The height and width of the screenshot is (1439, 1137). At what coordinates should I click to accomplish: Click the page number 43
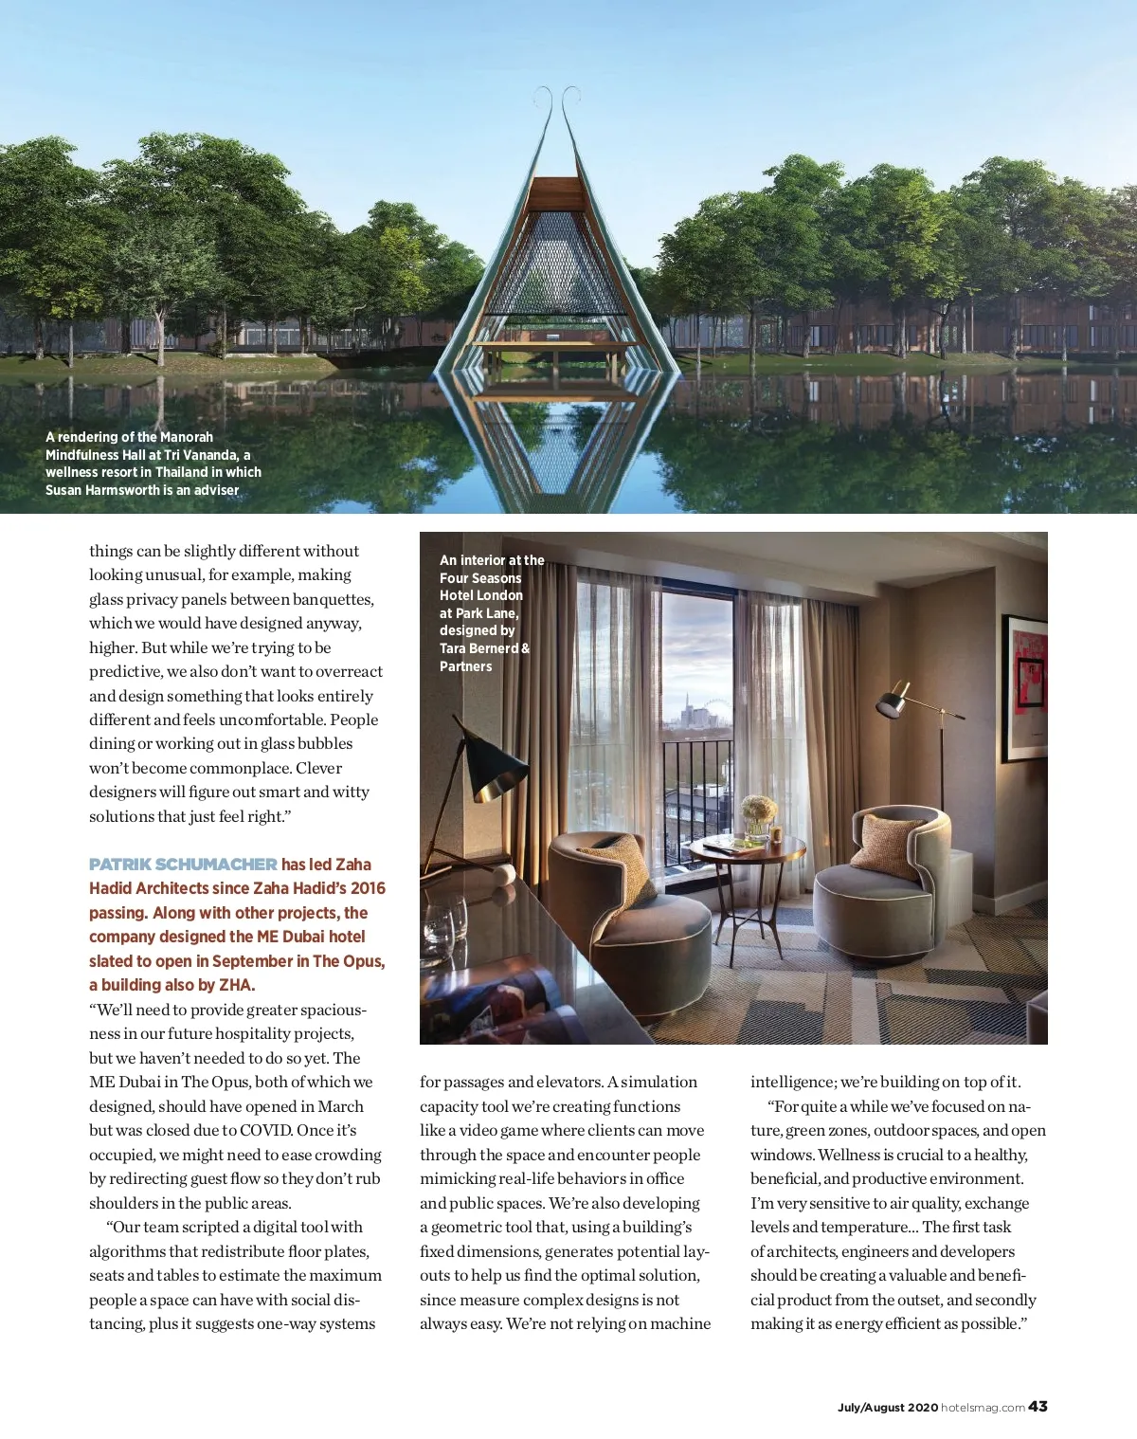(x=1038, y=1406)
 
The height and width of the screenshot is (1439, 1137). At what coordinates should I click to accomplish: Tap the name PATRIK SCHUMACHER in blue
(x=183, y=865)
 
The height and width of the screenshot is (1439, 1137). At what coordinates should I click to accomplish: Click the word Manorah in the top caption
(x=187, y=437)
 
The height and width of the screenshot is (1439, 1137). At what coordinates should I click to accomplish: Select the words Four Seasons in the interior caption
(x=480, y=578)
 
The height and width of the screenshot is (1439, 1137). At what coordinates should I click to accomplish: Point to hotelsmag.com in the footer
(x=983, y=1408)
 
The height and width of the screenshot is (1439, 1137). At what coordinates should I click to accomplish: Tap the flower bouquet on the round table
(x=758, y=811)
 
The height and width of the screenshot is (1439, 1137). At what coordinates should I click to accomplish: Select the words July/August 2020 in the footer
(x=887, y=1408)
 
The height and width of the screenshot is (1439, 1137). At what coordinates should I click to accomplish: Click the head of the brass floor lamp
(x=892, y=703)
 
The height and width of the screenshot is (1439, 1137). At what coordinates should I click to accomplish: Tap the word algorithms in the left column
(x=132, y=1251)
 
